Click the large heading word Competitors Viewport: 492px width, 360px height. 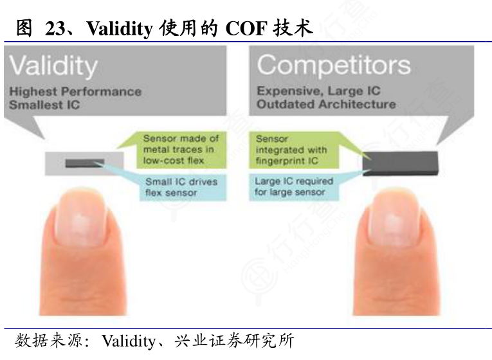[333, 65]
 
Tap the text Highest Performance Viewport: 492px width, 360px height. [75, 91]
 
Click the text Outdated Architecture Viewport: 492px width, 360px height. [326, 104]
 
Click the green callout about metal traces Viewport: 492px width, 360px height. [181, 150]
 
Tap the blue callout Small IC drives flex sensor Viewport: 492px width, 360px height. [181, 186]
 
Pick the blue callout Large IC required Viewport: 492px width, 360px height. [293, 186]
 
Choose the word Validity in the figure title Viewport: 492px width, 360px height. [119, 28]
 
